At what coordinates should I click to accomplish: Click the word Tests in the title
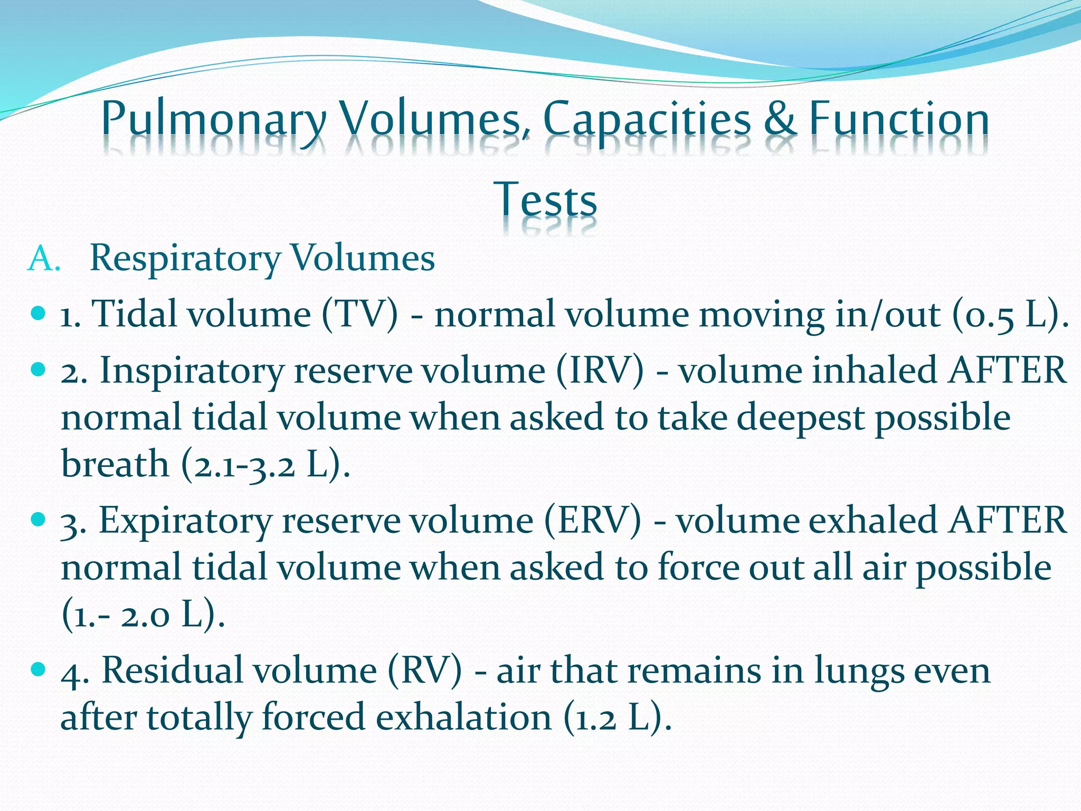pos(545,200)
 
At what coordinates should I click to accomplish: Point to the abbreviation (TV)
pos(360,315)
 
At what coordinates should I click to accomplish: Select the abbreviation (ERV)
pos(593,521)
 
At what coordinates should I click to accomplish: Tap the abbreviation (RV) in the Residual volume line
pos(424,671)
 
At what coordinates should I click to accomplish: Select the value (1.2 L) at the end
pos(618,718)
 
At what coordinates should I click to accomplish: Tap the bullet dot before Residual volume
pos(39,669)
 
